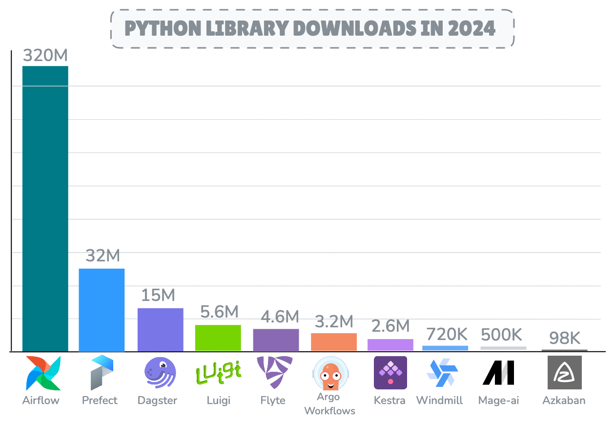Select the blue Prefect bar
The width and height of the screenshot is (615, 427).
point(102,310)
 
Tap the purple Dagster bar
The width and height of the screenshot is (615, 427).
point(160,329)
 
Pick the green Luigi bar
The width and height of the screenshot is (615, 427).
point(218,338)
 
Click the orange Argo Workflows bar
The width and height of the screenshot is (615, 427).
point(334,342)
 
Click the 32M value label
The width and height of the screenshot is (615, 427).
point(102,256)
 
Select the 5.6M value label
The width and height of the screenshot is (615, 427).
point(219,312)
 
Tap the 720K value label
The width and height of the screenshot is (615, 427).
point(447,334)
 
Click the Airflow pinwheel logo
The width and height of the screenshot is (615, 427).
point(43,373)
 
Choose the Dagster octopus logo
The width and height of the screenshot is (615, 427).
point(160,373)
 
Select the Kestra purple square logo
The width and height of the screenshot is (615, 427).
point(390,373)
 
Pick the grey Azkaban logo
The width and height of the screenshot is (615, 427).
point(564,372)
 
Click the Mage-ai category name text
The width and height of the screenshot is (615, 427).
point(498,401)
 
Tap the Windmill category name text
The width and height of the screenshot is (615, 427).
point(439,401)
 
